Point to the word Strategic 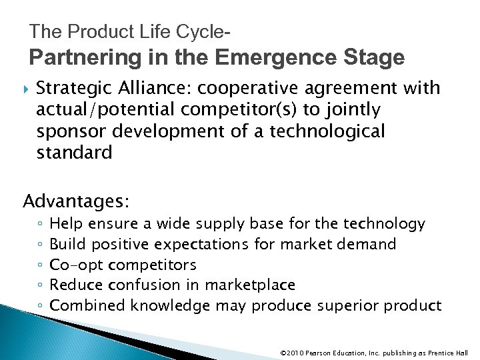(69, 88)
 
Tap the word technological (327, 131)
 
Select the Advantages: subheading (77, 200)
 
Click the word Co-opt (72, 265)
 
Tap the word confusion (151, 285)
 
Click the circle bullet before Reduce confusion (41, 285)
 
